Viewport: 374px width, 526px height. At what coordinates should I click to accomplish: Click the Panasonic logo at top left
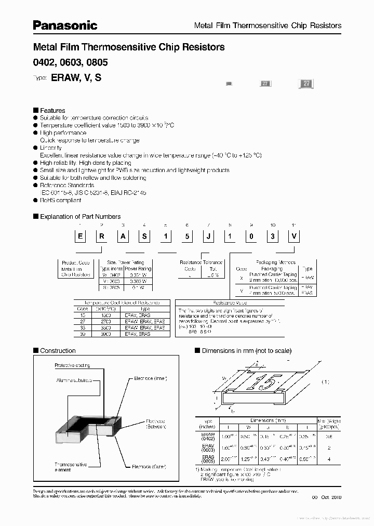click(65, 24)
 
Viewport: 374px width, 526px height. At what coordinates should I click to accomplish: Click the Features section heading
click(52, 110)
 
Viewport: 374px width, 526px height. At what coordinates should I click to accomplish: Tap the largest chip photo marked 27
click(306, 84)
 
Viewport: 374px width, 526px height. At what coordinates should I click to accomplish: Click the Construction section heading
click(58, 351)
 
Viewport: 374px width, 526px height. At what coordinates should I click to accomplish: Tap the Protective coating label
click(72, 366)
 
